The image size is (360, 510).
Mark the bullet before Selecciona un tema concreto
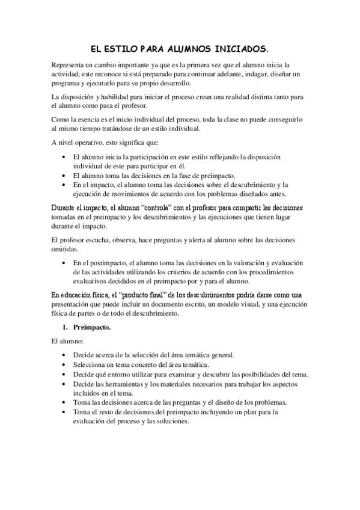pos(65,364)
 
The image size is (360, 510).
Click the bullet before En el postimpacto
pos(65,263)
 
